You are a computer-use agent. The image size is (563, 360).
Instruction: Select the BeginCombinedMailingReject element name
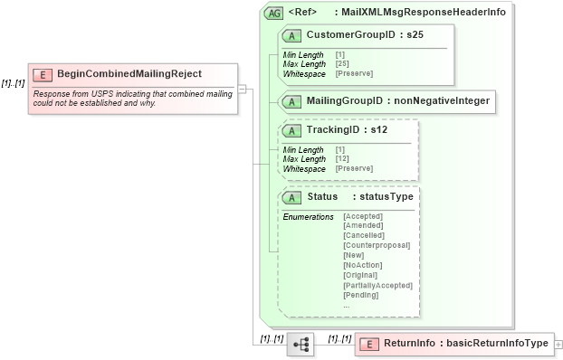[x=129, y=74]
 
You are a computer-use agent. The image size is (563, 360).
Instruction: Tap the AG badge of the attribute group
[x=272, y=14]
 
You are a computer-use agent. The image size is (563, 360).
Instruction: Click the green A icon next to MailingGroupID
[x=292, y=101]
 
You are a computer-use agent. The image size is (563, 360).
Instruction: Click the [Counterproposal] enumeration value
[x=377, y=245]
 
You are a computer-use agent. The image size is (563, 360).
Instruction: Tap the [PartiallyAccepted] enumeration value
[x=377, y=285]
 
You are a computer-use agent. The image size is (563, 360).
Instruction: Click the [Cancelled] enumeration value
[x=364, y=235]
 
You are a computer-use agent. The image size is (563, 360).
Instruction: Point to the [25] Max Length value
[x=343, y=63]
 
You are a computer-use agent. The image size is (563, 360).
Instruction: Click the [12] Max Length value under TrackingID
[x=343, y=159]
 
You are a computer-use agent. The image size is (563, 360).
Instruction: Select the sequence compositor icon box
[x=300, y=345]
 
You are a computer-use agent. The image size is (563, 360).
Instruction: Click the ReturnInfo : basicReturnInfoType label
[x=465, y=344]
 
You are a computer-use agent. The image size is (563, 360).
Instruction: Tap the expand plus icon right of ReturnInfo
[x=558, y=344]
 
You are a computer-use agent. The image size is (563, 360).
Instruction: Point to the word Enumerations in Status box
[x=308, y=217]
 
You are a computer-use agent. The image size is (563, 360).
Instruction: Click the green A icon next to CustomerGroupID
[x=292, y=34]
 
